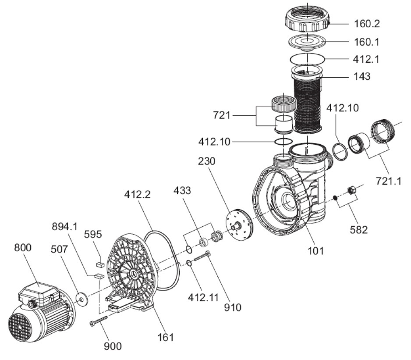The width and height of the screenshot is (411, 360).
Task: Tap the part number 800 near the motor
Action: click(23, 248)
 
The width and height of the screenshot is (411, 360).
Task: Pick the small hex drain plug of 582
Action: click(351, 190)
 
